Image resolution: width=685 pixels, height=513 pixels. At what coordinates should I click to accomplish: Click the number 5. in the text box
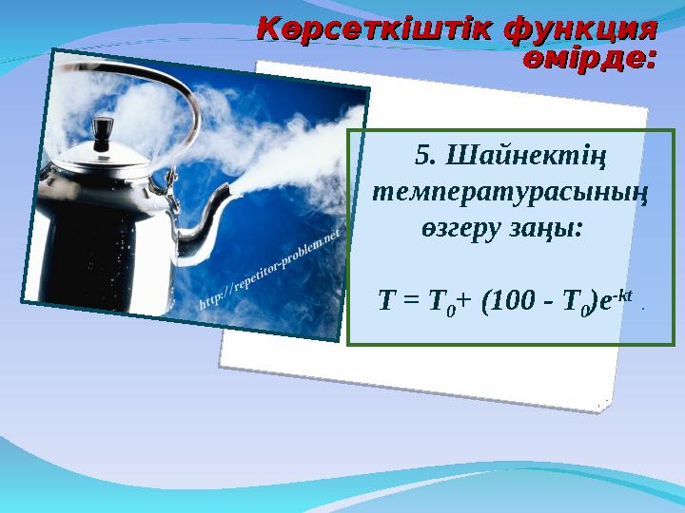pos(427,154)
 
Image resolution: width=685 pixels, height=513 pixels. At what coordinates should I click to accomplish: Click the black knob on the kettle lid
pos(101,125)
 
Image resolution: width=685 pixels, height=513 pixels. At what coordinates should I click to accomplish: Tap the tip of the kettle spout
pos(228,195)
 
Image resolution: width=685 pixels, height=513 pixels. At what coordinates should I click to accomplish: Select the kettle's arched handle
pos(143,90)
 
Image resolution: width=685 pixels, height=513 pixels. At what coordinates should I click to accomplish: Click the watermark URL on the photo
pos(272,275)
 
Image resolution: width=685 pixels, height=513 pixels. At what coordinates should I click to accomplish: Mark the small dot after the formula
pos(644,307)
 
